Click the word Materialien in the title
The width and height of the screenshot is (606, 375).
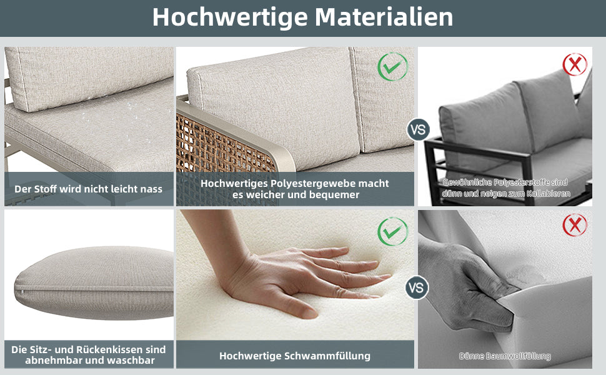[x=384, y=17]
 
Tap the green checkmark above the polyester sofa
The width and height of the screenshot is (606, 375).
[x=393, y=66]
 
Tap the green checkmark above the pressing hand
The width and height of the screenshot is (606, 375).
[x=393, y=232]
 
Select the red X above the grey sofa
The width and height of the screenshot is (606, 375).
[x=575, y=64]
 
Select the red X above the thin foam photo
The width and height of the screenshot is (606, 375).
[x=575, y=225]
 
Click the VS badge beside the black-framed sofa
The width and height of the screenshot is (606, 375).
[x=418, y=129]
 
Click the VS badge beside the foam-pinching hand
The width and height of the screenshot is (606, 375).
[x=417, y=287]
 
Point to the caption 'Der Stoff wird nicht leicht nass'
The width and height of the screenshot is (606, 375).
[x=89, y=189]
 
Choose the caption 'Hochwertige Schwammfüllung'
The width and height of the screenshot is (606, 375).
[x=295, y=356]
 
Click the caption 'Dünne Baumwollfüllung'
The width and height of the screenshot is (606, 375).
[x=505, y=356]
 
